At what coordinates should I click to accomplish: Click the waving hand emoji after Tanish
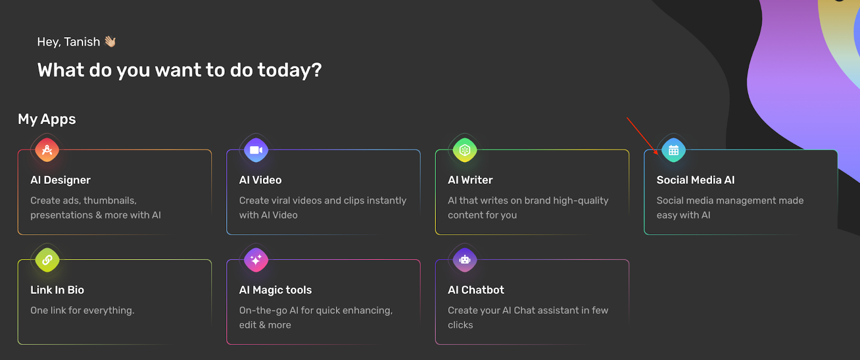coord(110,41)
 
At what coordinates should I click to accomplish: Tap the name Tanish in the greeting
coord(82,42)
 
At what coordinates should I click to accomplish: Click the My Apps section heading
coord(47,119)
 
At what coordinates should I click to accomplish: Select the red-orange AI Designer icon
coord(47,150)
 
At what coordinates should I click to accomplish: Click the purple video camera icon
coord(256,150)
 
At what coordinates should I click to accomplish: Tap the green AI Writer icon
coord(464,150)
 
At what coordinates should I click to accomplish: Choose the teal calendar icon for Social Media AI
coord(673,150)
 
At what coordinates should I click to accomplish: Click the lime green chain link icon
coord(47,260)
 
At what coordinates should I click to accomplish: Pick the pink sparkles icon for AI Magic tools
coord(256,260)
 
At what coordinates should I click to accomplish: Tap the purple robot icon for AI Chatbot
coord(464,260)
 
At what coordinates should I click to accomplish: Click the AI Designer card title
coord(60,180)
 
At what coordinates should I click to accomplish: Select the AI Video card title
coord(260,180)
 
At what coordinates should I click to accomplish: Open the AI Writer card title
coord(470,180)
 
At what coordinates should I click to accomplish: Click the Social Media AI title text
coord(696,180)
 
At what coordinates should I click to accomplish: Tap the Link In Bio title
coord(57,290)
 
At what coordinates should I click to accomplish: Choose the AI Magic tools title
coord(275,290)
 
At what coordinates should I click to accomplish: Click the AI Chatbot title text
coord(476,290)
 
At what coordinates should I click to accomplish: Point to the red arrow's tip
coord(658,155)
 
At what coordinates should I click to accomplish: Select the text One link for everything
coord(82,311)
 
